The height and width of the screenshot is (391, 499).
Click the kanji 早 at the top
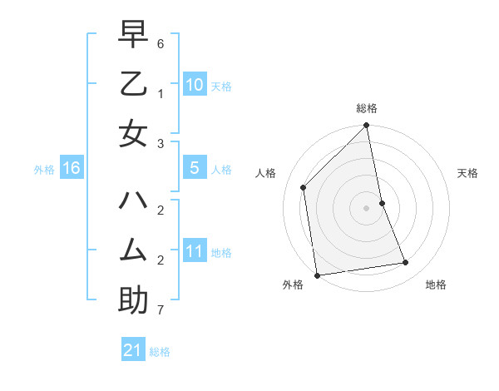click(x=133, y=37)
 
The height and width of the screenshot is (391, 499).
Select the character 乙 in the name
click(x=133, y=85)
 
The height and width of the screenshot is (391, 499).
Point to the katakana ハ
click(x=133, y=201)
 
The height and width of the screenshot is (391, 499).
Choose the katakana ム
click(x=133, y=250)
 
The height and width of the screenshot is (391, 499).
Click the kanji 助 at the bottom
click(x=133, y=299)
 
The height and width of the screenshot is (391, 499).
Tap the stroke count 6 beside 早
click(x=161, y=42)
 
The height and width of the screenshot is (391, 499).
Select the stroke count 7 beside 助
click(x=161, y=310)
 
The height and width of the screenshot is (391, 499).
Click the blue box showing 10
click(x=195, y=85)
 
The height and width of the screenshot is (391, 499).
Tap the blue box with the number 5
click(x=195, y=168)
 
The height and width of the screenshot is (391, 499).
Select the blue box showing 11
click(x=195, y=251)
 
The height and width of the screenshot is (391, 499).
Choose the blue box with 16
click(x=72, y=168)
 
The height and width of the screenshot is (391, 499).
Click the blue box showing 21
click(x=133, y=350)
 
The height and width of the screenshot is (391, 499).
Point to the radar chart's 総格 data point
click(x=367, y=126)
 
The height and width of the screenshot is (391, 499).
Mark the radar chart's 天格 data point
click(x=382, y=203)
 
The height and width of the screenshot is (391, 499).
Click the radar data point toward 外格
click(x=317, y=275)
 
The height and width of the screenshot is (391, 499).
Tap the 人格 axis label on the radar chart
click(x=266, y=173)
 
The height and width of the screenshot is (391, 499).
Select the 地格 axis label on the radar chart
click(x=436, y=285)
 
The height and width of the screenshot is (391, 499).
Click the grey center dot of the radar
click(x=367, y=208)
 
